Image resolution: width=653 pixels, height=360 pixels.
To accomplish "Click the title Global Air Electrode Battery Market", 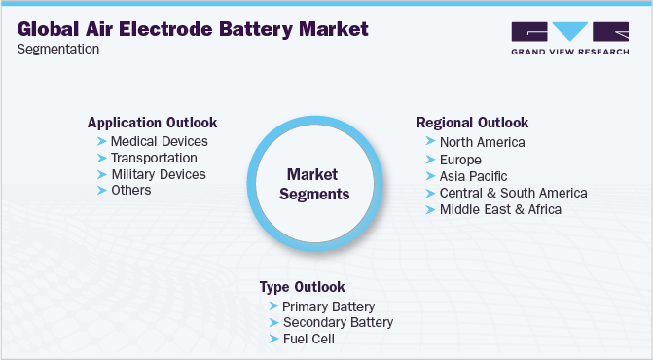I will (194, 29).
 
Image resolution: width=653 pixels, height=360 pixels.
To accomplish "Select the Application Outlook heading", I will (152, 123).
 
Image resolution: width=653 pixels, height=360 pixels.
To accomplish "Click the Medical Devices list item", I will (160, 141).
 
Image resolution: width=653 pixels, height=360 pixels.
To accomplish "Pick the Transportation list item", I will (154, 158).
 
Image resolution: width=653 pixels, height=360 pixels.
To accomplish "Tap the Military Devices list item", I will (159, 174).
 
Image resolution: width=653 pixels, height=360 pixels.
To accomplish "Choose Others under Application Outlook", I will (131, 190).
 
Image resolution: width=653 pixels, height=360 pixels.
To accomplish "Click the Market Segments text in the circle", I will (312, 185).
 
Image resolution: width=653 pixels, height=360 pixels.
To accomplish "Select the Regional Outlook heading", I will (472, 123).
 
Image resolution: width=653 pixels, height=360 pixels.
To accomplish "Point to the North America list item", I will (482, 142).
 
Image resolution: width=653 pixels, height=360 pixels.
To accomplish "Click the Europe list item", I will (460, 159).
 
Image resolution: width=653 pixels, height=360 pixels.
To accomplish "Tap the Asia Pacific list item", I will (474, 175).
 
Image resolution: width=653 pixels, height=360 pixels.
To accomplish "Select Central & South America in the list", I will (513, 192).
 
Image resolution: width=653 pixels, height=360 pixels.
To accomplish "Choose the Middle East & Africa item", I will (500, 208).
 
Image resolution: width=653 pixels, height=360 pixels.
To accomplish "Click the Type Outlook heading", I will (302, 287).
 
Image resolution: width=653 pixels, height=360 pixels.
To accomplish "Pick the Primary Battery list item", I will (327, 306).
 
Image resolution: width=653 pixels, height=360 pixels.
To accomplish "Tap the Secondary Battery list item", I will (338, 322).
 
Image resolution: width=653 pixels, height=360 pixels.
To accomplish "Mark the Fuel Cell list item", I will (308, 339).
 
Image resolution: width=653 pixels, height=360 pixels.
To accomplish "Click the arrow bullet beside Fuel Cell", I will (273, 339).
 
